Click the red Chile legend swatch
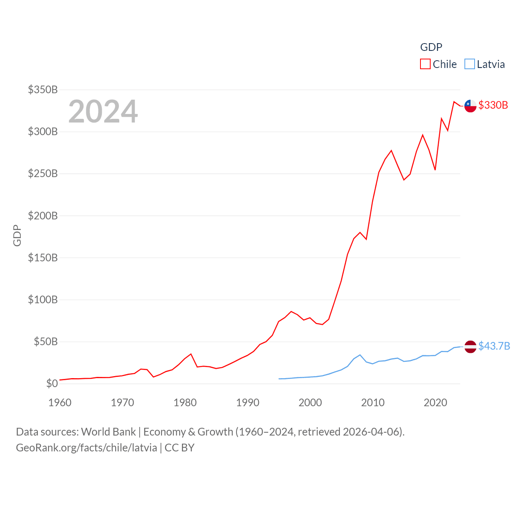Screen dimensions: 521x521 pos(425,64)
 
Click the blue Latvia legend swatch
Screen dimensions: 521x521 pos(470,64)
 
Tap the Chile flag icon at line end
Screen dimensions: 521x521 pos(471,106)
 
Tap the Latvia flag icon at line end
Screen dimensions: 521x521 pos(471,347)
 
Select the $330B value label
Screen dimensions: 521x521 pos(493,105)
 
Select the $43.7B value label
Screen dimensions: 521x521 pos(494,346)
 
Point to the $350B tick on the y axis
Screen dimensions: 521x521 pos(43,90)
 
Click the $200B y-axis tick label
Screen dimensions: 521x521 pos(43,216)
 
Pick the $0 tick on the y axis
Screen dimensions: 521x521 pos(52,383)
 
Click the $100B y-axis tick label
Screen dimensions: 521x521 pos(43,300)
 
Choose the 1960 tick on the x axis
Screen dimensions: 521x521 pos(60,403)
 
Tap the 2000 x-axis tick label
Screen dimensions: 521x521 pos(310,403)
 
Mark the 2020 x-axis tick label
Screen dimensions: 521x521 pos(436,403)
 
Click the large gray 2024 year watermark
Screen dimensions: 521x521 pos(103,112)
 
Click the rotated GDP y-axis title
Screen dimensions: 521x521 pos(17,235)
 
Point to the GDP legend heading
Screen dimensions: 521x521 pos(431,47)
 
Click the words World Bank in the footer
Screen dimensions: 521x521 pos(108,432)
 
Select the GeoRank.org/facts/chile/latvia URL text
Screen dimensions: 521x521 pos(86,448)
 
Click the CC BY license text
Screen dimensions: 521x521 pos(180,448)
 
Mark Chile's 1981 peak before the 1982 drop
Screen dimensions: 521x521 pos(191,354)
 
